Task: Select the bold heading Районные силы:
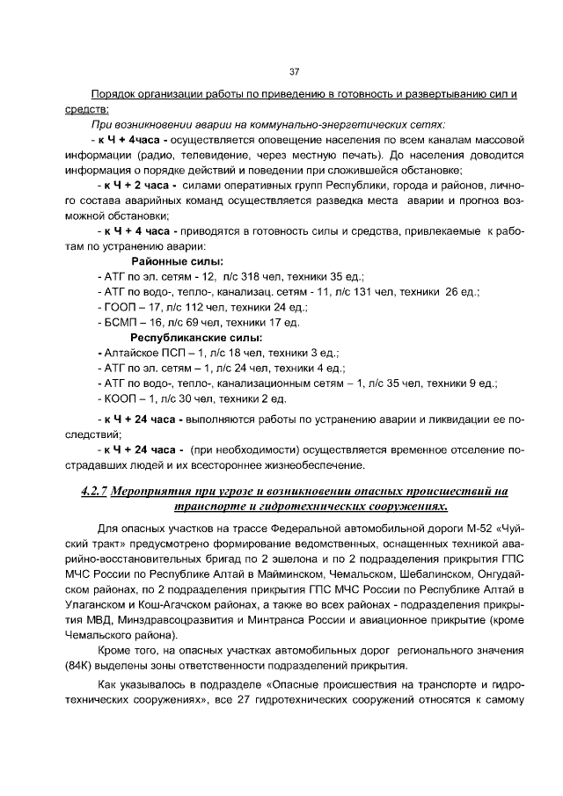click(x=177, y=261)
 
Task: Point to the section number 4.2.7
click(x=87, y=491)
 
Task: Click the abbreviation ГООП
click(x=116, y=307)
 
